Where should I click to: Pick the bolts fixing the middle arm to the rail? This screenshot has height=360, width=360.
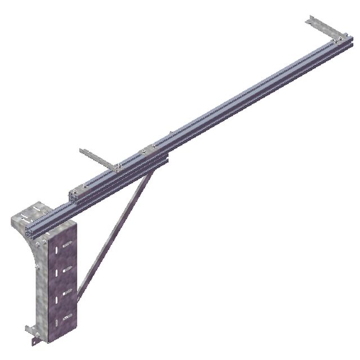click(x=116, y=167)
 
